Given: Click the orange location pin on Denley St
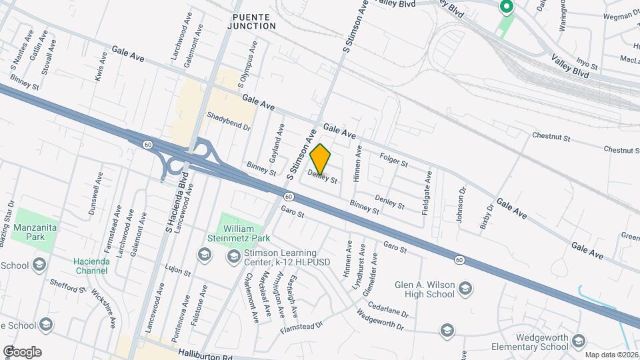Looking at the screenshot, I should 321,159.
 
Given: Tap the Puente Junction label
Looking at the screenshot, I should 254,21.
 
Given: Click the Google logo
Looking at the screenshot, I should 22,352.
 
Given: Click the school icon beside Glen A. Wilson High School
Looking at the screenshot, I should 465,289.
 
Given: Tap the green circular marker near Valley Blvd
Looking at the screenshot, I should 506,7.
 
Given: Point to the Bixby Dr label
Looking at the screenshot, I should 487,217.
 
